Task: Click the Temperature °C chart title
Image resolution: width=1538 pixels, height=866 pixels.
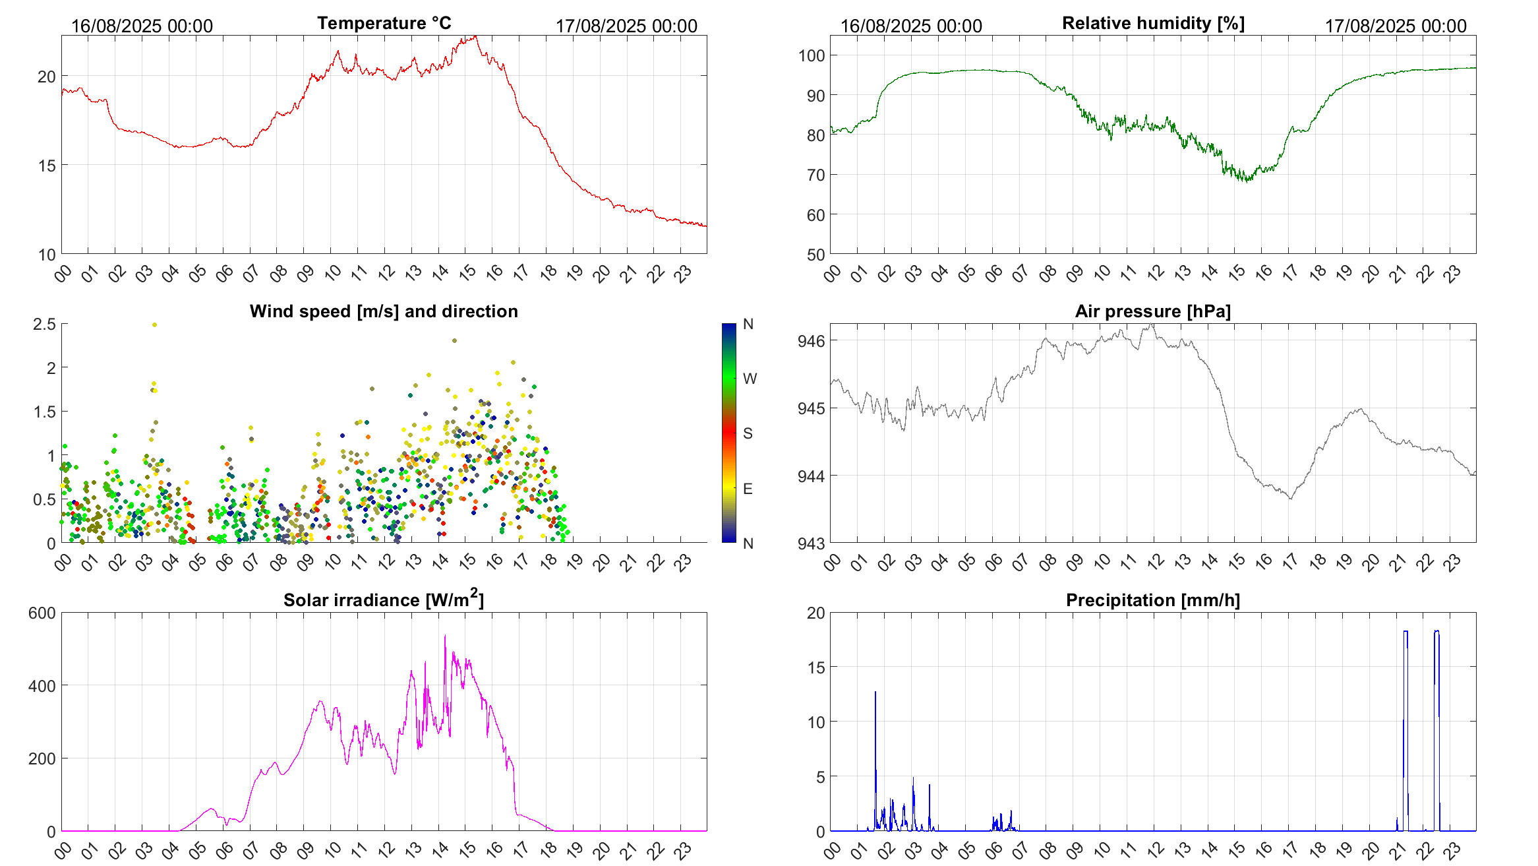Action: point(384,23)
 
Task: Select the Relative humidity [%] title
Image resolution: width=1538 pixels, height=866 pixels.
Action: point(1153,23)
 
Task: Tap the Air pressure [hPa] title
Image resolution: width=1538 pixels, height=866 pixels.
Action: point(1152,311)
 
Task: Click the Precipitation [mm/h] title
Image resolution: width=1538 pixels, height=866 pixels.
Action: point(1152,600)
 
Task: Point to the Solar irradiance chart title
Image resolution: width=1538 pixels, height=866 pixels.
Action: point(384,600)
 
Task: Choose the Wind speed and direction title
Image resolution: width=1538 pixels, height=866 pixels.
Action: point(384,311)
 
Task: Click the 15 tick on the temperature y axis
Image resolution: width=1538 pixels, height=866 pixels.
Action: point(47,166)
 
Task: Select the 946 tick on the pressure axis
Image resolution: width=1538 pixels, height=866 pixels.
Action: point(811,341)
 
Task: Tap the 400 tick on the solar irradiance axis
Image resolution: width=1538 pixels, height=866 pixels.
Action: point(42,686)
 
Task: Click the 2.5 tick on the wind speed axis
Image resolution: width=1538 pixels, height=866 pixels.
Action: point(44,324)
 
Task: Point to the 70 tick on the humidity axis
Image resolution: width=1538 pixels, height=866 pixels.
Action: point(815,175)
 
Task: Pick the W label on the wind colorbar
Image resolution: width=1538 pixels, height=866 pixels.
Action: point(750,379)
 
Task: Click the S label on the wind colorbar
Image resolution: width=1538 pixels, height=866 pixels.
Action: point(748,433)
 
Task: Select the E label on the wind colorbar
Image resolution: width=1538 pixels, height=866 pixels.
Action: point(748,489)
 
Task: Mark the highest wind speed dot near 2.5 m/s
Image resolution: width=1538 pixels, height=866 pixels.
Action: point(154,325)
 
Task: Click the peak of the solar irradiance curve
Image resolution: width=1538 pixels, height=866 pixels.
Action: point(445,636)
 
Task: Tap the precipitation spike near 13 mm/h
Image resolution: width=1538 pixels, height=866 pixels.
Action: point(875,692)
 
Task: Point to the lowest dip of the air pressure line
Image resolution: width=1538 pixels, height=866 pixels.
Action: point(1290,499)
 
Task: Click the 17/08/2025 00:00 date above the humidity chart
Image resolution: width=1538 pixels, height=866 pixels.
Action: point(1396,26)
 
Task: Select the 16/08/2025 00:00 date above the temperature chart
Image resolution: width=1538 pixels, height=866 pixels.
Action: point(142,26)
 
